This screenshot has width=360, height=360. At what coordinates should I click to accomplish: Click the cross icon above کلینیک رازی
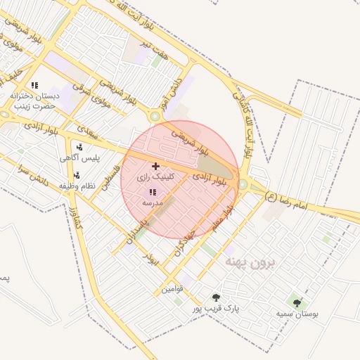155,166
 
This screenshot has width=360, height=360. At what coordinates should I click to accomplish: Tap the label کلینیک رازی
155,179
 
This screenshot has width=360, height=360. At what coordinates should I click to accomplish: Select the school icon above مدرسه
153,191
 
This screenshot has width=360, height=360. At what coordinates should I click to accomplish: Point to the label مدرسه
153,202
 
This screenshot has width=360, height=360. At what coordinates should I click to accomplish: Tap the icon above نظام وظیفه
77,174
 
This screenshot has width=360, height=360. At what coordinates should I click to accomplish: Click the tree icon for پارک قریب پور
216,297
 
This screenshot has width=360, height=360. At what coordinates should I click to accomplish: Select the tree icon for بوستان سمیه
297,303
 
